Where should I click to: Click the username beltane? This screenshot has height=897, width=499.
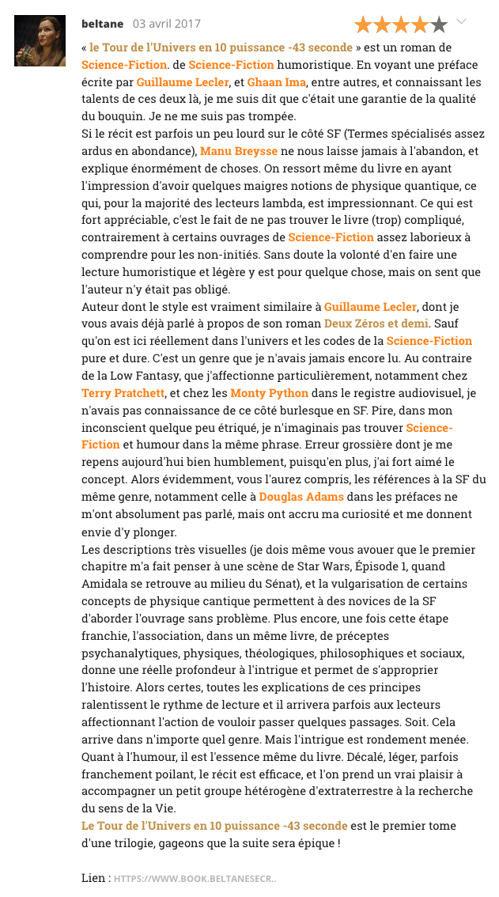pyautogui.click(x=102, y=24)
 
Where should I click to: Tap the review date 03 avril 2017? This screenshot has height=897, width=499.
pyautogui.click(x=167, y=24)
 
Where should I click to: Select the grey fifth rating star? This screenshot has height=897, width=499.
pyautogui.click(x=439, y=25)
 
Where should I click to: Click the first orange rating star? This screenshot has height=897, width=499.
pyautogui.click(x=364, y=25)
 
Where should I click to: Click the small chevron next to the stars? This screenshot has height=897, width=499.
pyautogui.click(x=463, y=22)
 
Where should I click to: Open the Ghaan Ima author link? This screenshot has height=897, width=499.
pyautogui.click(x=272, y=81)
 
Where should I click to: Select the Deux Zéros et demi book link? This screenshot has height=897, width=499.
pyautogui.click(x=376, y=324)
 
